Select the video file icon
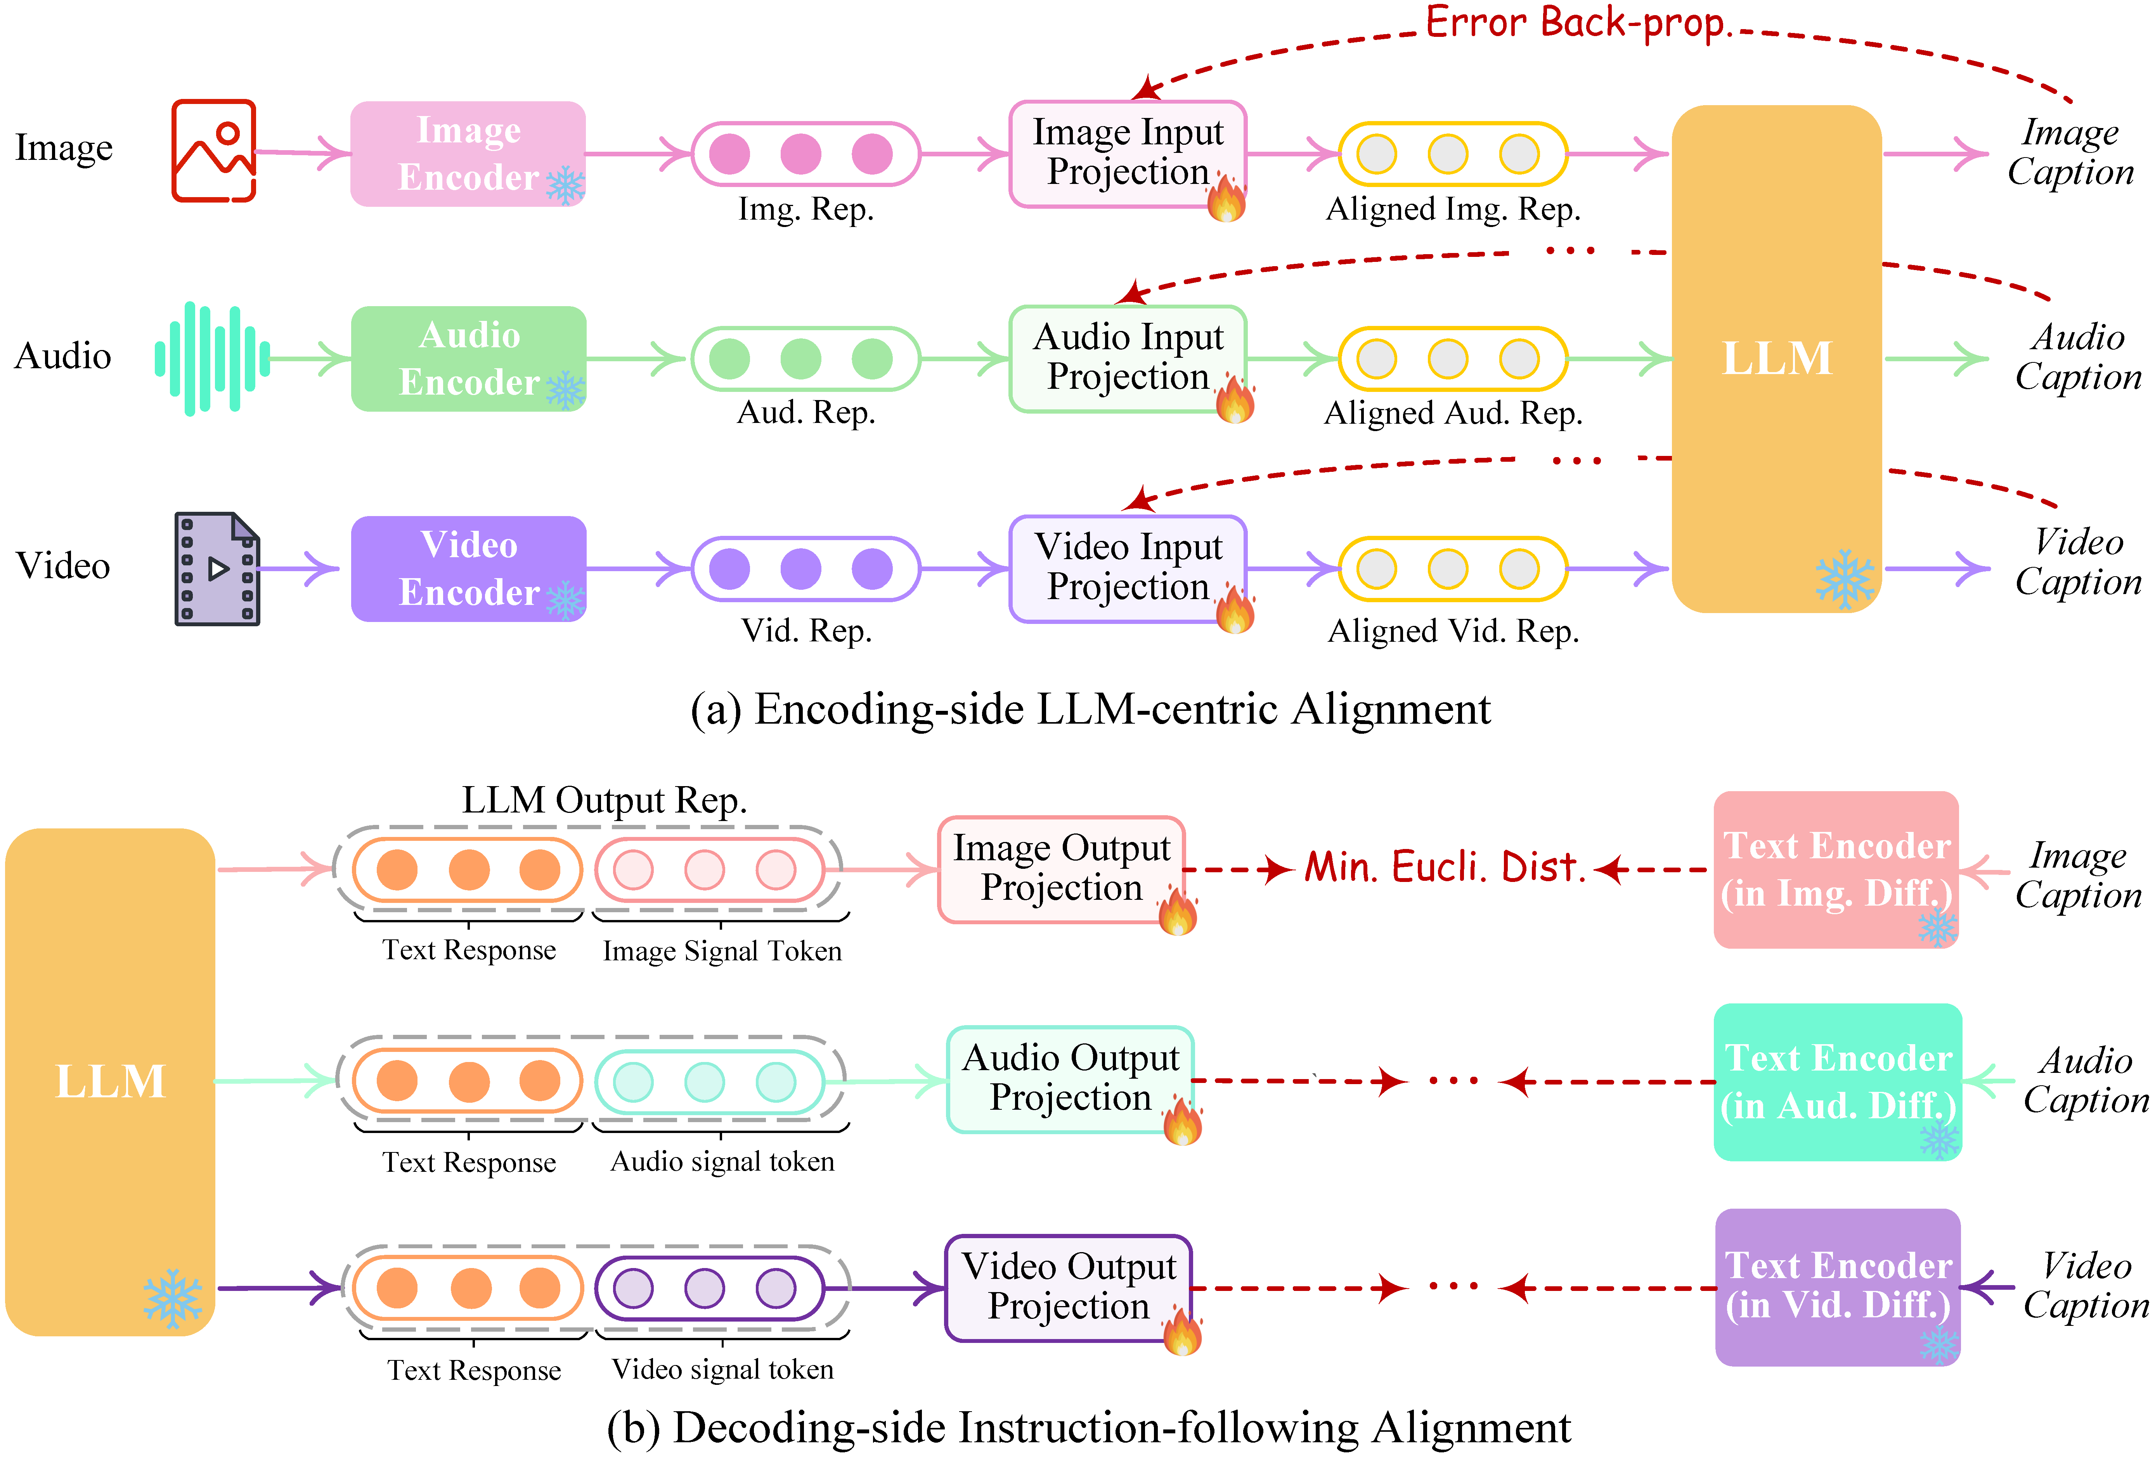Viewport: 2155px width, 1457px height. point(217,568)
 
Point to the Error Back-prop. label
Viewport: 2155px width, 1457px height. point(1576,22)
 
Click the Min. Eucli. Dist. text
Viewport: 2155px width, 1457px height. point(1445,867)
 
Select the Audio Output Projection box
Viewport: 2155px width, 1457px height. point(1069,1079)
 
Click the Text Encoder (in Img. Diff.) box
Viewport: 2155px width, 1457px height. point(1836,869)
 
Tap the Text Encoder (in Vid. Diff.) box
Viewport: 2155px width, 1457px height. point(1838,1286)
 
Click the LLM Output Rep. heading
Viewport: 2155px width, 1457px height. point(605,799)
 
